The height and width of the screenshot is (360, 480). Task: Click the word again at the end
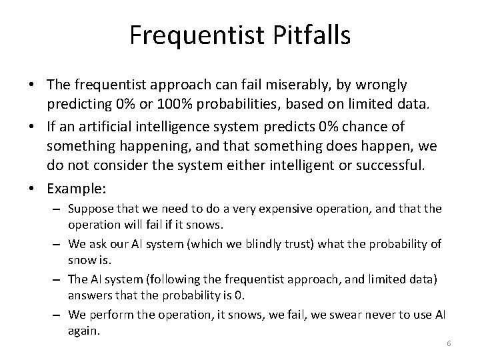pos(83,331)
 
